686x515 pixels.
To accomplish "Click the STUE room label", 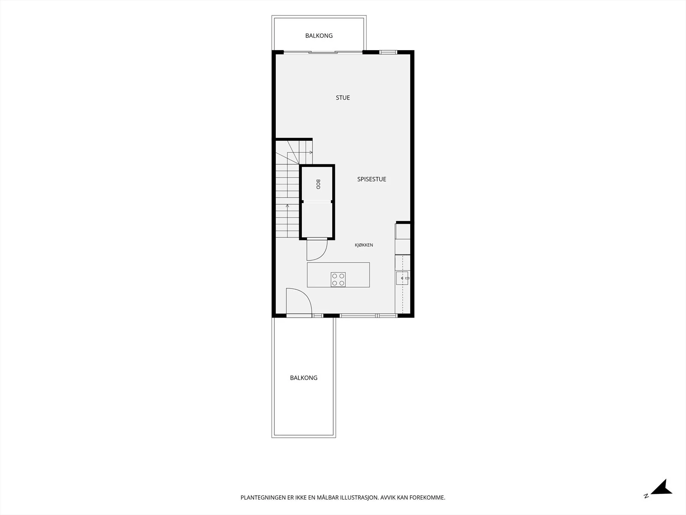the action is click(343, 97).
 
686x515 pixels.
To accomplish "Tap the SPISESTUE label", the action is click(372, 179).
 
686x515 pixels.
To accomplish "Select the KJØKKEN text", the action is click(364, 245).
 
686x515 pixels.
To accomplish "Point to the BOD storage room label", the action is click(318, 184).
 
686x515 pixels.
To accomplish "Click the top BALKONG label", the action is click(319, 36).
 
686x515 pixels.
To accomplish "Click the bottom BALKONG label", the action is click(304, 378).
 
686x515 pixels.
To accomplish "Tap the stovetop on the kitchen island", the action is click(338, 279).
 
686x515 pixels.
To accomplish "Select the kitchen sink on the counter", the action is click(402, 278).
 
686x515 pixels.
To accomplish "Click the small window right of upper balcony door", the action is click(388, 52).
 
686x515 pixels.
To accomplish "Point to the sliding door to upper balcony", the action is click(323, 52).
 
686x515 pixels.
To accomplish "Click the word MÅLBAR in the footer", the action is click(328, 497).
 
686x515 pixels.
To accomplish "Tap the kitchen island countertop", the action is click(338, 275).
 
